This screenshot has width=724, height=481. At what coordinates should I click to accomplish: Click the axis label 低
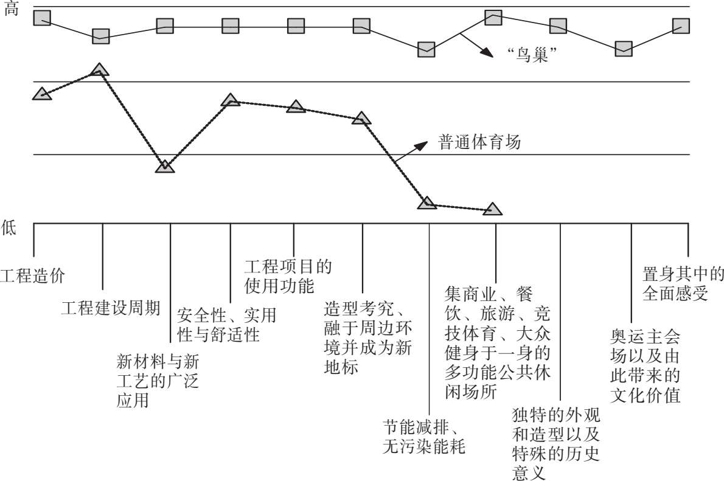(9, 227)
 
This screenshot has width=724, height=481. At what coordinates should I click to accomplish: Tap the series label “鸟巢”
(531, 55)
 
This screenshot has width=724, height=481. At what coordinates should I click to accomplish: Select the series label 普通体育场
(479, 142)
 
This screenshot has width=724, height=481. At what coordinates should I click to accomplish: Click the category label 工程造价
(32, 276)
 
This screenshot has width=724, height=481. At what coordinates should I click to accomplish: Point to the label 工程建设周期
(111, 308)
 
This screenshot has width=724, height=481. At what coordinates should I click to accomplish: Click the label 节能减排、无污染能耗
(424, 437)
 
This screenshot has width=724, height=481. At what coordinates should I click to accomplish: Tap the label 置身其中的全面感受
(683, 283)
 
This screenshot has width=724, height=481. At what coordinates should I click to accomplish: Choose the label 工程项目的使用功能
(288, 276)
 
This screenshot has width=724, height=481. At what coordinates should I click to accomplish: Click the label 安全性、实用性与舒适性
(227, 325)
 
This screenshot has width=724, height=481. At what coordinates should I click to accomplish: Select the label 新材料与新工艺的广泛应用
(158, 381)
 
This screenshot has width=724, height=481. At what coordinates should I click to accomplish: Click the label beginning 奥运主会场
(645, 365)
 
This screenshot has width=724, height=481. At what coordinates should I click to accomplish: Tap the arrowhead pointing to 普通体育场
(421, 147)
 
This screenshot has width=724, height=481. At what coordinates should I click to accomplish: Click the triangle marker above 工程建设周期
(100, 70)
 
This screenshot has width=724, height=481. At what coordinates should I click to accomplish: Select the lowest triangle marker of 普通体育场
(493, 209)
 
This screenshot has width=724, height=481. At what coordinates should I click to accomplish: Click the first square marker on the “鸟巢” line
(43, 18)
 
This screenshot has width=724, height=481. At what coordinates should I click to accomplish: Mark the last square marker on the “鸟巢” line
(681, 26)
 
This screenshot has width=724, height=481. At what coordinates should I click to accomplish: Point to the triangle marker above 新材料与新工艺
(165, 166)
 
